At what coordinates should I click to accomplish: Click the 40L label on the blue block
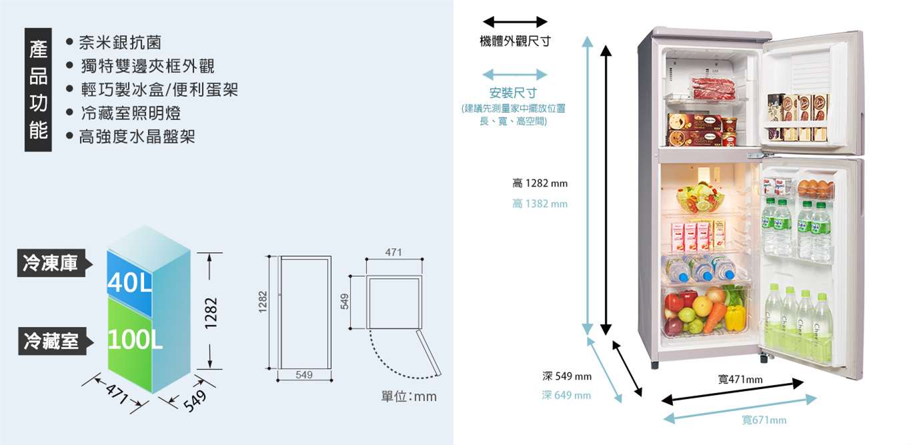pos(129,283)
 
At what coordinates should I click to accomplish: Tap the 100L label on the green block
pos(135,340)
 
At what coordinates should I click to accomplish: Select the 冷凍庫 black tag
pos(50,263)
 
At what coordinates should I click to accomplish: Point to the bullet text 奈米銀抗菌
pos(120,43)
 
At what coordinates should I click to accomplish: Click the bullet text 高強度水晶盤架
pos(137,137)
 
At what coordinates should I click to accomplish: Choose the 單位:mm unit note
pos(408,397)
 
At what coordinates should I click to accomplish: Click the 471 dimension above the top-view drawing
pos(393,252)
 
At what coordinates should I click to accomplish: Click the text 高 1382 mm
pos(540,203)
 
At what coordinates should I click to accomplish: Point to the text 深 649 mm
pos(566,396)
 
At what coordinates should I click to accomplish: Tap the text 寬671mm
pos(764,420)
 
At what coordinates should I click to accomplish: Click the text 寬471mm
pos(740,380)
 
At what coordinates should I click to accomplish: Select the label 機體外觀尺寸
pos(515,41)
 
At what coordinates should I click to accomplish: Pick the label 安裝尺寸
pos(513,93)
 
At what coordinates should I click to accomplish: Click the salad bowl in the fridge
pos(694,197)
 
